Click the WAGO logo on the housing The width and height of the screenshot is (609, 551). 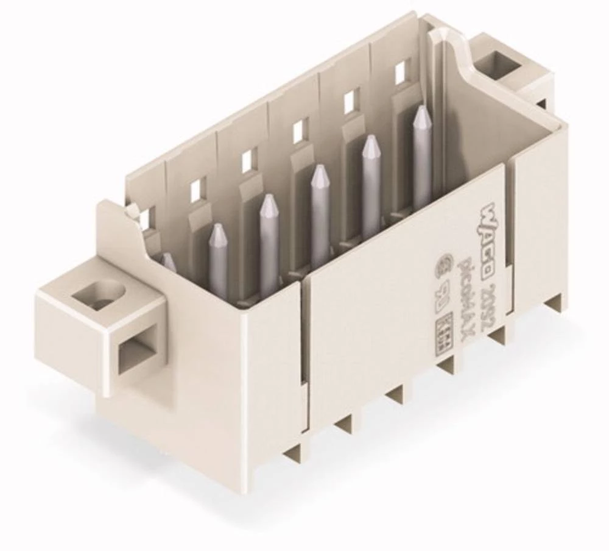tap(499, 214)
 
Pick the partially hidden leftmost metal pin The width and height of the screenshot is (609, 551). tap(168, 262)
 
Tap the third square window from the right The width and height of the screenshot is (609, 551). tap(300, 131)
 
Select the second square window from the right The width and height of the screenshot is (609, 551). tap(351, 102)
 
